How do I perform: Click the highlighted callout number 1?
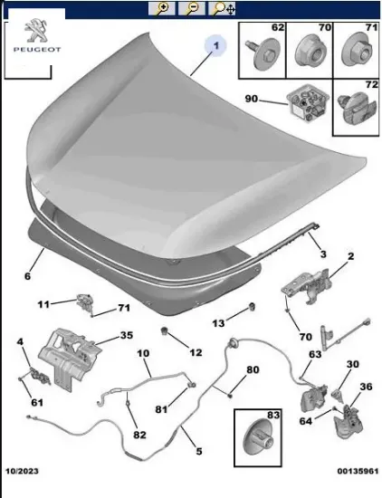(x=216, y=45)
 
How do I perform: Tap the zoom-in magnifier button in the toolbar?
(x=161, y=8)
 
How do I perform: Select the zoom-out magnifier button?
(x=192, y=8)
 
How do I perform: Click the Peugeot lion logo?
(x=35, y=30)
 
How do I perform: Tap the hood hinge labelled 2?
(x=307, y=285)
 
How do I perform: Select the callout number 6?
(x=28, y=276)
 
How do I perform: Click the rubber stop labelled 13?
(x=253, y=307)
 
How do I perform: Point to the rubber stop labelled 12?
(x=165, y=330)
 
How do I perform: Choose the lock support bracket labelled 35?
(x=68, y=359)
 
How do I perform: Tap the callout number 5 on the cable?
(x=199, y=451)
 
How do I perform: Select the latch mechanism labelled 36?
(x=348, y=421)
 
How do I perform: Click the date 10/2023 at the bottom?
(x=22, y=471)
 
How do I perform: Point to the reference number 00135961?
(x=358, y=471)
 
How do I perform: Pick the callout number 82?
(x=139, y=435)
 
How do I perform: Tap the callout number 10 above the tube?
(x=143, y=353)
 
